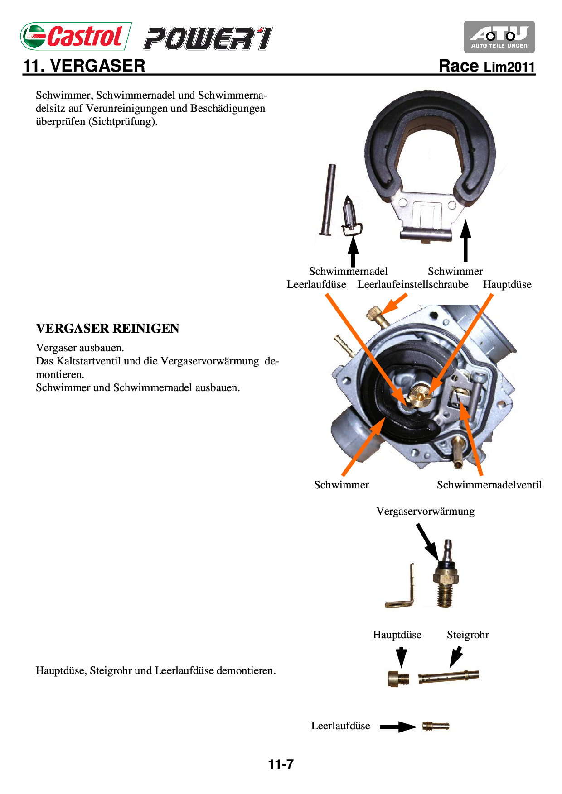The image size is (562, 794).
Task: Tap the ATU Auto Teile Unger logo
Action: [499, 37]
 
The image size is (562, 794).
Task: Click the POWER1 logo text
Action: [208, 38]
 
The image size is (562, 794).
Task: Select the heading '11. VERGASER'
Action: [84, 66]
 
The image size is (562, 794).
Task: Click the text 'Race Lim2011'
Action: [487, 66]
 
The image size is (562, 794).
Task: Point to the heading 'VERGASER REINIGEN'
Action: [107, 328]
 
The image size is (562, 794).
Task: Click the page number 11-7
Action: [281, 764]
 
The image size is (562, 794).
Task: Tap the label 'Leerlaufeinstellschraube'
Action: [413, 284]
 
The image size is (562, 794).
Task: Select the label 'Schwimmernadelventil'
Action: [489, 485]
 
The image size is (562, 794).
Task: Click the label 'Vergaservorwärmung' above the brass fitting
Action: [425, 511]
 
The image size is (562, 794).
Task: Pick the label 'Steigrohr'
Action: [468, 635]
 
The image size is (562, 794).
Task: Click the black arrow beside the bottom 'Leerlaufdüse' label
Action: [397, 727]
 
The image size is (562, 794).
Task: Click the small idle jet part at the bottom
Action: [436, 726]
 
